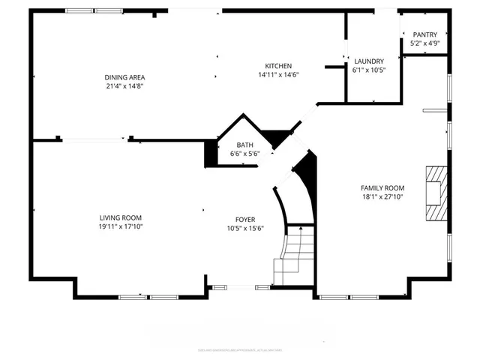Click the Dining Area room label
pos(124,77)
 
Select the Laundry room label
pos(368,61)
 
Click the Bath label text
pos(244,145)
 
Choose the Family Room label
pos(382,188)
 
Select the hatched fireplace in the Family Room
pos(434,193)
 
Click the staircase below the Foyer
pos(293,256)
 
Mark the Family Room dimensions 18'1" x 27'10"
pos(382,197)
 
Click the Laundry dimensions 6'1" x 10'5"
pos(368,70)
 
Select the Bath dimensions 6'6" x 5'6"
pos(244,154)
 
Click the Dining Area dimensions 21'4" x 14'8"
pos(124,86)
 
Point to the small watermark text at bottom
pos(239,349)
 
